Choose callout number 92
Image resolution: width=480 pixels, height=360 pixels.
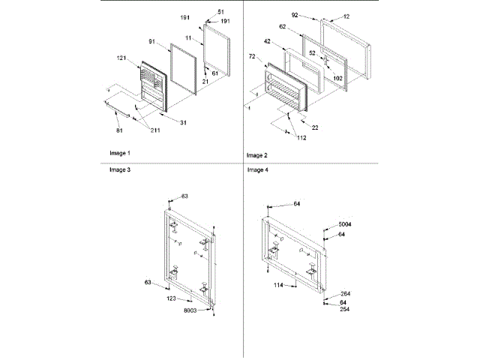[295, 14]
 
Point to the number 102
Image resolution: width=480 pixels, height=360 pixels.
[338, 78]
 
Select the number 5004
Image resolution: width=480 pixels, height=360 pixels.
[345, 225]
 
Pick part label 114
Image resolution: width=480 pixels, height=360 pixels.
[279, 286]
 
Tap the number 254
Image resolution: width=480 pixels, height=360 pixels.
[345, 309]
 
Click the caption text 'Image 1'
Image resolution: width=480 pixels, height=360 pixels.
[118, 153]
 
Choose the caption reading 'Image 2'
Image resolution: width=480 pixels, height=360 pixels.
[257, 155]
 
